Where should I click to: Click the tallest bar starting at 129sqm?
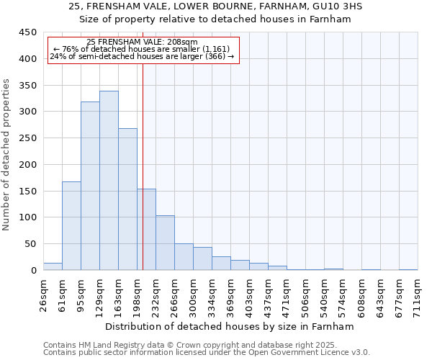coord(109,181)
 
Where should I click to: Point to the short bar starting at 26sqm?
coord(53,266)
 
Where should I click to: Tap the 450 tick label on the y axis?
coord(27,32)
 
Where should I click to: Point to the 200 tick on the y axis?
coord(27,164)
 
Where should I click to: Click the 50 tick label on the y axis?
coord(30,244)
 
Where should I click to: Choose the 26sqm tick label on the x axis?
coord(43,296)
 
